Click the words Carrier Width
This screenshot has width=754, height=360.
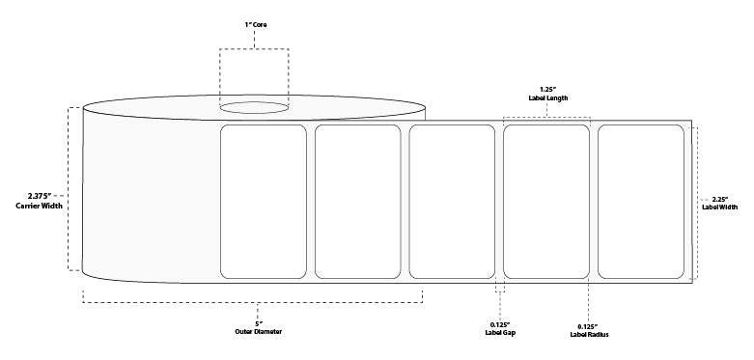coord(33,206)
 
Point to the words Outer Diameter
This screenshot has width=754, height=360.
coord(257,332)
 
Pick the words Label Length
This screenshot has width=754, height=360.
coord(547,96)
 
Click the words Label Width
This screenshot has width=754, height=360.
coord(719,206)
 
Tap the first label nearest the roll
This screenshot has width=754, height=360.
coord(264,202)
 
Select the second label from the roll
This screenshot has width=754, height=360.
coord(357,202)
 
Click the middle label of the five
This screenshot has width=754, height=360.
coord(452,202)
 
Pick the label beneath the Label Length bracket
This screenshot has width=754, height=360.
coord(546,202)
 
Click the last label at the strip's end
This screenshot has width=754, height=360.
coord(641,202)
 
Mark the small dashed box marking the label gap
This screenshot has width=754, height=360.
coord(499,287)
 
